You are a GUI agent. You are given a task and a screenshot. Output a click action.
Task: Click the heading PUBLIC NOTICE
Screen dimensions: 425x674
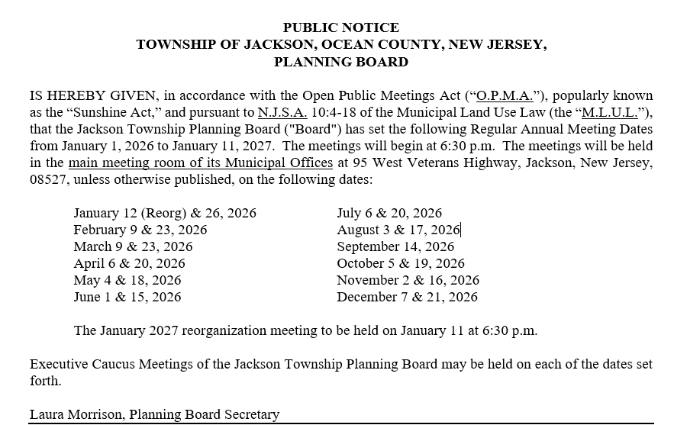pyautogui.click(x=341, y=28)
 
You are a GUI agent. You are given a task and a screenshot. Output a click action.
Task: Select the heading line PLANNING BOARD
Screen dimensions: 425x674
pyautogui.click(x=341, y=62)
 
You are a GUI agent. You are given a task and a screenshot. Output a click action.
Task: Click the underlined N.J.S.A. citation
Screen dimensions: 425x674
pyautogui.click(x=283, y=113)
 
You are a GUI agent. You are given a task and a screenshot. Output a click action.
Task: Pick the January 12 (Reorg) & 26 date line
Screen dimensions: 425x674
pyautogui.click(x=165, y=214)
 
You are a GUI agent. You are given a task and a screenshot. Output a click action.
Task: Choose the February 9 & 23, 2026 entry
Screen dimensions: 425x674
pyautogui.click(x=140, y=230)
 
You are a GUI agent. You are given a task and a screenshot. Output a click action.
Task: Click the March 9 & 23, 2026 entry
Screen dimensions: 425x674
pyautogui.click(x=133, y=246)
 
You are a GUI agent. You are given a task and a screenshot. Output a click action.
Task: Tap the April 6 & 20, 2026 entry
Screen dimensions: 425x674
pyautogui.click(x=129, y=263)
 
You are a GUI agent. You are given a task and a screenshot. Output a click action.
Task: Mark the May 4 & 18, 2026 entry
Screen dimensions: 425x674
pyautogui.click(x=127, y=280)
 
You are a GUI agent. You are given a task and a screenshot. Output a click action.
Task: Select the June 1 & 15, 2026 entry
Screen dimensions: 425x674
pyautogui.click(x=127, y=297)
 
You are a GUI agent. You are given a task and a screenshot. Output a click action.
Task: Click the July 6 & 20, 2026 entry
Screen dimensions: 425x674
pyautogui.click(x=389, y=214)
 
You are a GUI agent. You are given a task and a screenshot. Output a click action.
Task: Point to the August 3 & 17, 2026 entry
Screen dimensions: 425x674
pyautogui.click(x=398, y=230)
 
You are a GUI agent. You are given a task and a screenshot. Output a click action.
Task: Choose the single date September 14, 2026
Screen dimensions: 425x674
pyautogui.click(x=395, y=246)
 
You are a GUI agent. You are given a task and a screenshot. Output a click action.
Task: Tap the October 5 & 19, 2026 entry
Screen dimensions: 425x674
pyautogui.click(x=401, y=263)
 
